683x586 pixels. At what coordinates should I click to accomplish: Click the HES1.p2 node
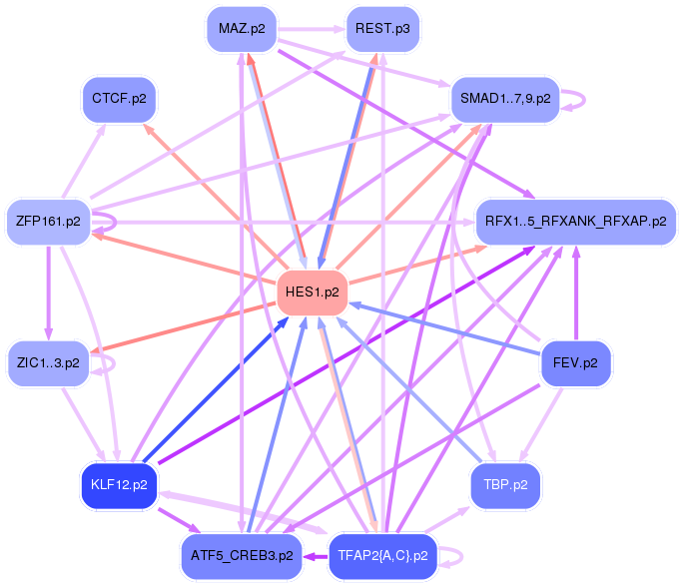point(312,293)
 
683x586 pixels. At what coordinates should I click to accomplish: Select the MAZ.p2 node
point(241,29)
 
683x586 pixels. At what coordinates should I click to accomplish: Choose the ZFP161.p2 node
point(48,222)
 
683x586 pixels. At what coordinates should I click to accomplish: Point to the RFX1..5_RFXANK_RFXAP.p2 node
point(576,221)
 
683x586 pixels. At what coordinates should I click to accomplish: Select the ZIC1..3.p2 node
point(48,362)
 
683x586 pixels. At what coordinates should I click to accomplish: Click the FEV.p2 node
point(575,362)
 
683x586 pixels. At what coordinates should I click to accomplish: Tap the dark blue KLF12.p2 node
point(119,485)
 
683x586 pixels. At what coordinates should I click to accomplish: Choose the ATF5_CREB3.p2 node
point(241,555)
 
